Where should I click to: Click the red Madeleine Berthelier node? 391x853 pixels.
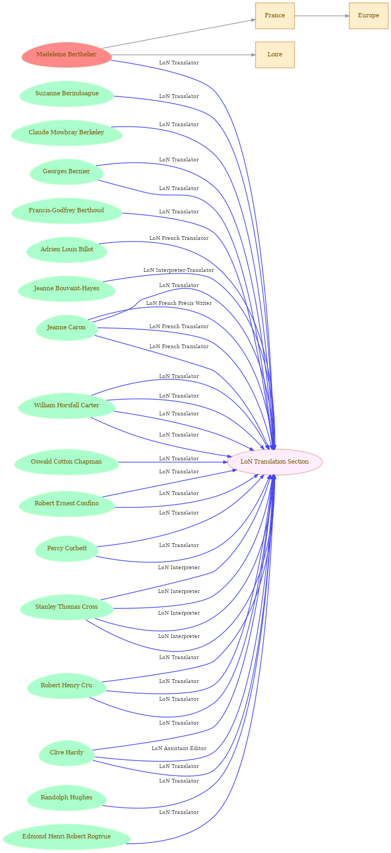click(67, 55)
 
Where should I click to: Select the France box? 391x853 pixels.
click(275, 16)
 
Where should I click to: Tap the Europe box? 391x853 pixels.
click(369, 16)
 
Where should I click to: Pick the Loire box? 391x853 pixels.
click(275, 55)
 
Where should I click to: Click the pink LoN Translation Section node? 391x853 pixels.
click(275, 463)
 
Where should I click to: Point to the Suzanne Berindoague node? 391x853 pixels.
click(67, 94)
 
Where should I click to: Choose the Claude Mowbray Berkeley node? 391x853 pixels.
click(67, 133)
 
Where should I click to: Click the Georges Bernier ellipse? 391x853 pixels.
click(67, 172)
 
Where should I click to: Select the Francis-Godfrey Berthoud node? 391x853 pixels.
click(67, 211)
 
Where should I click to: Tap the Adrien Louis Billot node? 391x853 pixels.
click(67, 250)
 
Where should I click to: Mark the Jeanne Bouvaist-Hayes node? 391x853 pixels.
click(67, 289)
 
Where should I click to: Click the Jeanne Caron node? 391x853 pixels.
click(66, 328)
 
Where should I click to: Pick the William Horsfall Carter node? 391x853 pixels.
click(67, 406)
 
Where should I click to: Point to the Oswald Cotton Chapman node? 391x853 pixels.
click(67, 463)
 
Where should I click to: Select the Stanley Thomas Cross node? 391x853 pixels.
click(67, 607)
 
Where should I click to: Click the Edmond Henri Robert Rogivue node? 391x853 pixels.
click(67, 837)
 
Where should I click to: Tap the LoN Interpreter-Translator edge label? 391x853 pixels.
click(179, 270)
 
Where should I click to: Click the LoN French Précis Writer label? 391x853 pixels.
click(179, 303)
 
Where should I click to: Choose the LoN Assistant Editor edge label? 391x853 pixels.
click(179, 748)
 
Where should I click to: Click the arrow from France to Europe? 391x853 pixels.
click(322, 16)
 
